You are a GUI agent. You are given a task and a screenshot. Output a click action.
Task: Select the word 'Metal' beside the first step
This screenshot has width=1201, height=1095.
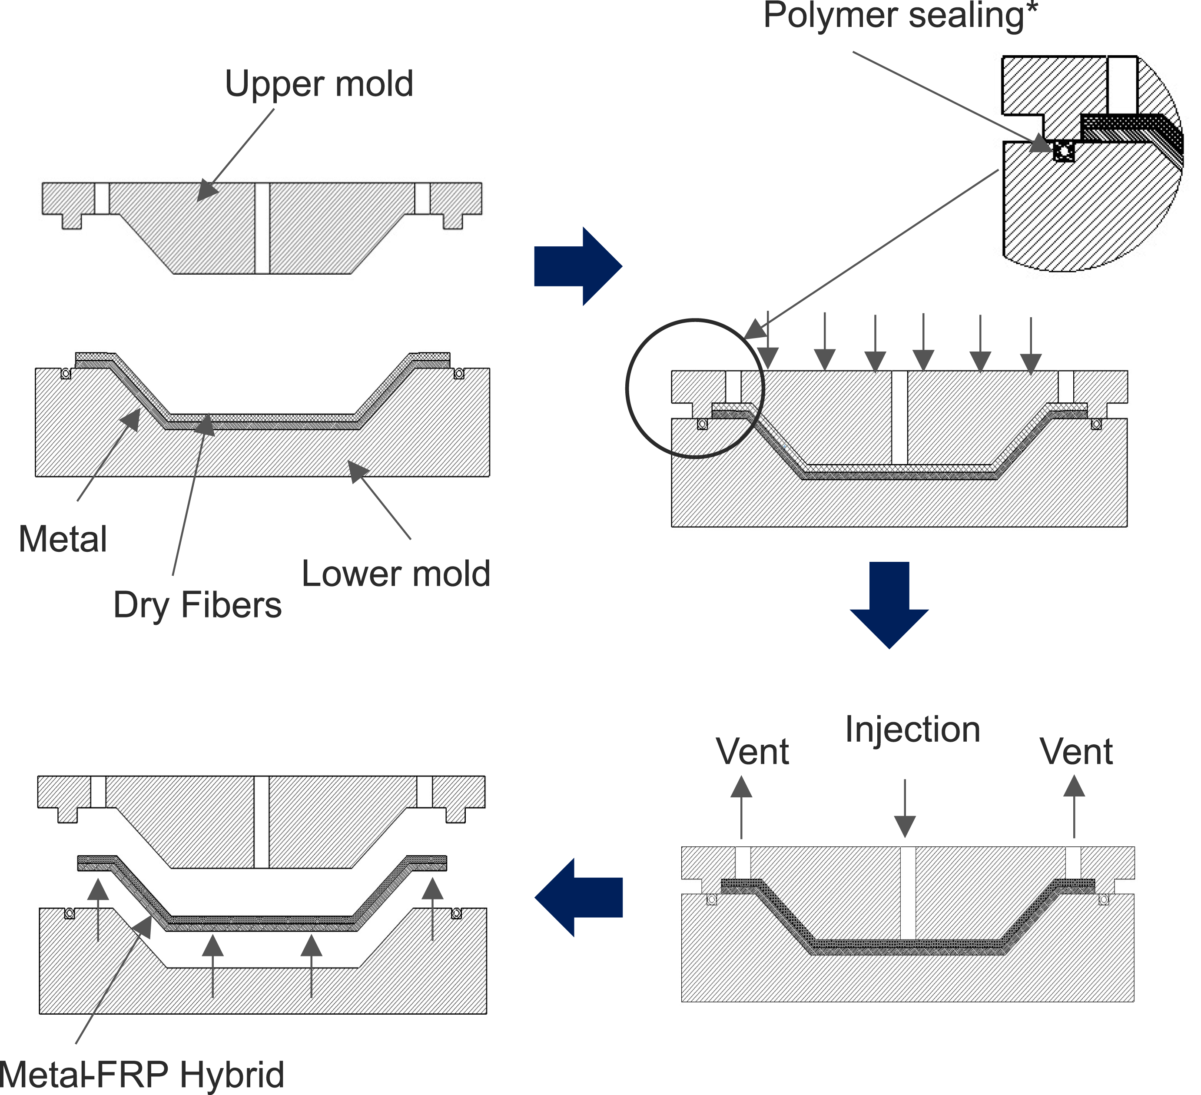63,539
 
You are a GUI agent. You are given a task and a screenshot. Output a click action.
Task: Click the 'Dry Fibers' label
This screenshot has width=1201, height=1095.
197,606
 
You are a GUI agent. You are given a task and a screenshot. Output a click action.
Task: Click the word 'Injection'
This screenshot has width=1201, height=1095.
912,730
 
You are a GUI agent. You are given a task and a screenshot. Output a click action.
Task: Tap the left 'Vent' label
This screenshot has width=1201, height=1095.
753,751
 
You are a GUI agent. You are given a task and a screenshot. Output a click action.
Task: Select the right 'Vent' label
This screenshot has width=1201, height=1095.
1076,751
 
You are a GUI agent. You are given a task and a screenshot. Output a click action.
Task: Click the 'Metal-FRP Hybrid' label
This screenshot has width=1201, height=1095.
142,1075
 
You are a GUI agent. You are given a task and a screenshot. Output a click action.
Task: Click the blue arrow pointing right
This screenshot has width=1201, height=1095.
578,266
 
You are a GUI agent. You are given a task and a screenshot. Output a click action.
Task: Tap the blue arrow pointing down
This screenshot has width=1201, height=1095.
889,605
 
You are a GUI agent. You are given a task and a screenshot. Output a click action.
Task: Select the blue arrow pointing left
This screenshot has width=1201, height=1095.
578,897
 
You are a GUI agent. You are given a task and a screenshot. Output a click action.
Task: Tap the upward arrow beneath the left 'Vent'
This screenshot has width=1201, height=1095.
741,807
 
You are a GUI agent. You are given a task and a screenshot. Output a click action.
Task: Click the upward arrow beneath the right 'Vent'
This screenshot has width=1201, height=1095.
1074,806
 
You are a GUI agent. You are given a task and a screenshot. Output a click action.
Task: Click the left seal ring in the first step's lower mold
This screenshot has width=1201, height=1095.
66,374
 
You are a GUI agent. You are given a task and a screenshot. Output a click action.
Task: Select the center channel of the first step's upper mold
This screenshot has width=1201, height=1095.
262,228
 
